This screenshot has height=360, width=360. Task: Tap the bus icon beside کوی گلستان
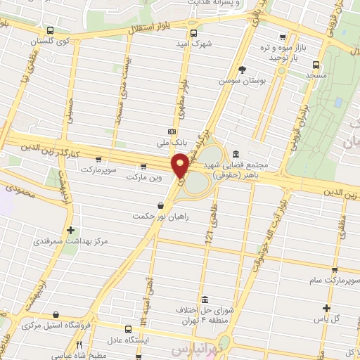point(49,30)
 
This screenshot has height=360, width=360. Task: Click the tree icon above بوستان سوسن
point(243,69)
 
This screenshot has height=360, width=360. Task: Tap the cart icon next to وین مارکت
point(143,167)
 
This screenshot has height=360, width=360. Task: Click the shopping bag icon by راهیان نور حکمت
point(162,205)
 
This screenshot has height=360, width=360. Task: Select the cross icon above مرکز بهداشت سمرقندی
point(70,229)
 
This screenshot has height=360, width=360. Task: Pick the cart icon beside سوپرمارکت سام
point(335,270)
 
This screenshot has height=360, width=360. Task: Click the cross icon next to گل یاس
point(326,307)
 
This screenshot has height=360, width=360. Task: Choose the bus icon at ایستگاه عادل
point(128,328)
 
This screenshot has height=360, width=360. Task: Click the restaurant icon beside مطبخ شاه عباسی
point(79,345)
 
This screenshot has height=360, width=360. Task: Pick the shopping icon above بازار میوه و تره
point(283,37)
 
